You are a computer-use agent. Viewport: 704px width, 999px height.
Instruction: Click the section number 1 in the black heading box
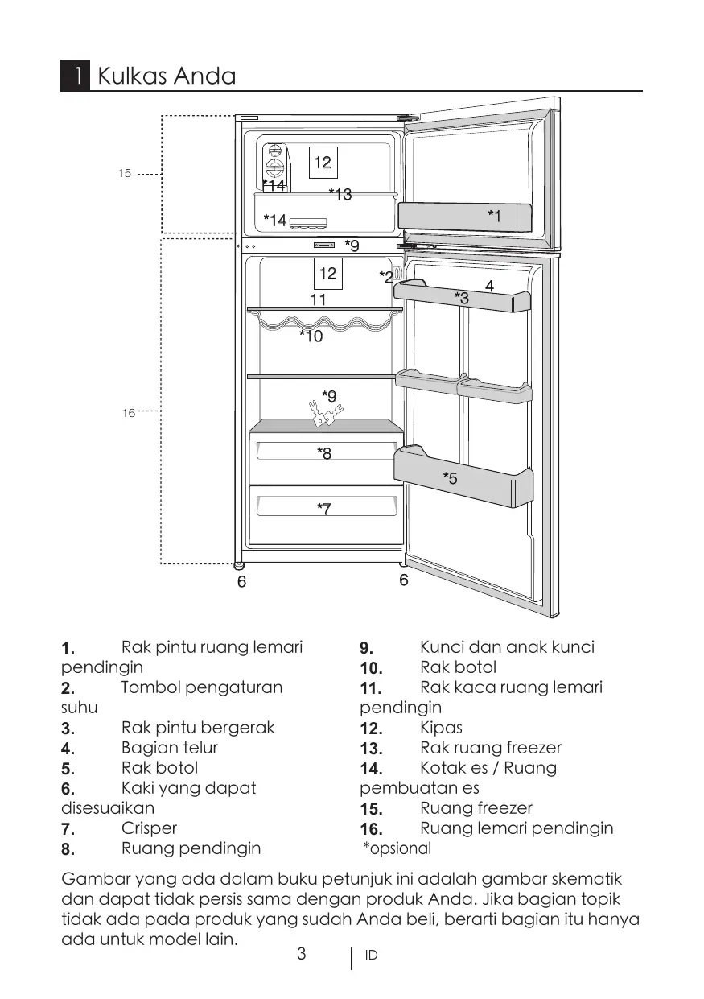tap(75, 76)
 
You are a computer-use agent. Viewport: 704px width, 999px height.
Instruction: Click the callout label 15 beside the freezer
tap(125, 173)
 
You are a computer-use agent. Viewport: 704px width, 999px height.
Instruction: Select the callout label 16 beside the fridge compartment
tap(128, 413)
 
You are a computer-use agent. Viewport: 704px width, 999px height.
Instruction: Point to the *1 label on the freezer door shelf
tap(494, 215)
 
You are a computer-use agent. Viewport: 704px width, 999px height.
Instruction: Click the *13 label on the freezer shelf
tap(340, 194)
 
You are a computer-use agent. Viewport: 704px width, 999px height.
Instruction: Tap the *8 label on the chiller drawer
tap(324, 453)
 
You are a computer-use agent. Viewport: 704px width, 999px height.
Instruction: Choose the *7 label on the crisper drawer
tap(324, 508)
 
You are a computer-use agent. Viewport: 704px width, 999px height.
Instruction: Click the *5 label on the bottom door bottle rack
tap(451, 478)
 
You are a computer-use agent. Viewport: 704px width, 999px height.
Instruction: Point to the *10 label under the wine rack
tap(311, 336)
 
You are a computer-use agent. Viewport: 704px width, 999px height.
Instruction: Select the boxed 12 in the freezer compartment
tap(323, 163)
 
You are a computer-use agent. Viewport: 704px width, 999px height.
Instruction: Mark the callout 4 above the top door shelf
tap(489, 286)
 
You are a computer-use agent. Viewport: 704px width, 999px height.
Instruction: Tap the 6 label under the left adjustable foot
tap(241, 581)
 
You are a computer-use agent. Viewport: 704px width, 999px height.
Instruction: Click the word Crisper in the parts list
tap(149, 828)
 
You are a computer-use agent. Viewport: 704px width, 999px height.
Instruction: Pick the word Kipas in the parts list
tap(442, 728)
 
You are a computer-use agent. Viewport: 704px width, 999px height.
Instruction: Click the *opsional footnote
tap(397, 848)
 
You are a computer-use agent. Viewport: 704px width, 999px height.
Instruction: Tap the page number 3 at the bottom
tap(302, 955)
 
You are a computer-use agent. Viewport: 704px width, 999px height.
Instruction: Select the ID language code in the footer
tap(371, 956)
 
